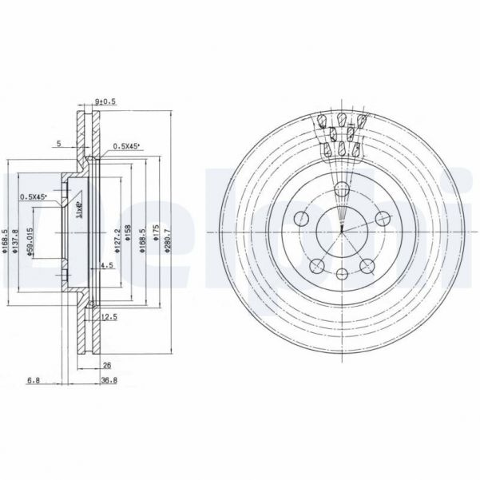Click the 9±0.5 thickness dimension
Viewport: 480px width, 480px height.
click(105, 101)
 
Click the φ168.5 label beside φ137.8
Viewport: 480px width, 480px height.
click(6, 239)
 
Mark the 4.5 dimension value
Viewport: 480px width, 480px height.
click(105, 265)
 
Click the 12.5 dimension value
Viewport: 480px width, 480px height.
click(110, 318)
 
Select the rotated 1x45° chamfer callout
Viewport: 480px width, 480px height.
click(78, 210)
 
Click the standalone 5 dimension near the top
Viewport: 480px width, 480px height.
click(59, 144)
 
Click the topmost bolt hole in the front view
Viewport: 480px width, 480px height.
click(341, 190)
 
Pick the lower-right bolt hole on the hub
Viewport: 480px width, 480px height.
click(367, 266)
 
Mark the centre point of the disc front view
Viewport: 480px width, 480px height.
click(341, 232)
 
